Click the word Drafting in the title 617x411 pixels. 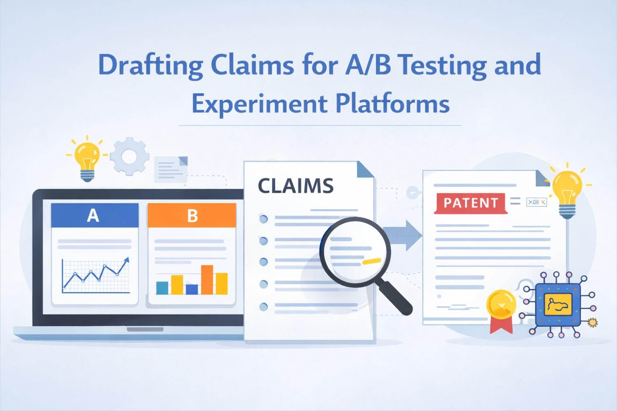(x=150, y=65)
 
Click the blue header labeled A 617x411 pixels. (x=94, y=215)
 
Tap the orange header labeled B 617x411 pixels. (x=192, y=215)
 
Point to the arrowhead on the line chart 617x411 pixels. (x=127, y=260)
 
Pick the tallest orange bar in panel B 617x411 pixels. (x=207, y=279)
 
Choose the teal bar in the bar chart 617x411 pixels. (x=162, y=288)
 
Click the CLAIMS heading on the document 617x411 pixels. (x=295, y=186)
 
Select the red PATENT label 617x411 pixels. (x=471, y=203)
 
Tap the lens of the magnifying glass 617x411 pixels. (x=353, y=250)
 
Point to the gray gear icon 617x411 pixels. (x=129, y=156)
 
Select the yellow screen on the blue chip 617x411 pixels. (x=557, y=305)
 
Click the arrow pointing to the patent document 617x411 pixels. (x=405, y=235)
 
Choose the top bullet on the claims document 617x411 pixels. (x=263, y=219)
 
